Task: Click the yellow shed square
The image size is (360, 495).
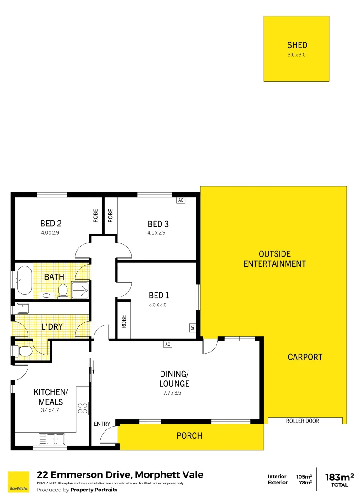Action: click(x=296, y=49)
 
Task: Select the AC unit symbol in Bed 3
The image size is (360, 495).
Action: click(x=180, y=200)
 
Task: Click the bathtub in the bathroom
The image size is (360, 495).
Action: click(x=23, y=279)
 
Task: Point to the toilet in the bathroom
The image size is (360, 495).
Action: click(x=63, y=290)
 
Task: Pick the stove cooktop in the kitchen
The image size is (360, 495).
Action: click(x=83, y=408)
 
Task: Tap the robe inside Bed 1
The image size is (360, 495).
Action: click(x=124, y=320)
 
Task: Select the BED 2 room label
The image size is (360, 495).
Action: click(x=50, y=224)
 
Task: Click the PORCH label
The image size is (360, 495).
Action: click(x=189, y=435)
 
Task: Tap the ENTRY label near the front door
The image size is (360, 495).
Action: click(x=102, y=424)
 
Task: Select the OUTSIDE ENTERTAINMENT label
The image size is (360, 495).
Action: click(x=274, y=259)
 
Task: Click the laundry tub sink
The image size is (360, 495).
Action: click(x=23, y=308)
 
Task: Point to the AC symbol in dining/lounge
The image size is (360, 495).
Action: click(x=167, y=344)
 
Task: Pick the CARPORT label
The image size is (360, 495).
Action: click(x=305, y=357)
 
